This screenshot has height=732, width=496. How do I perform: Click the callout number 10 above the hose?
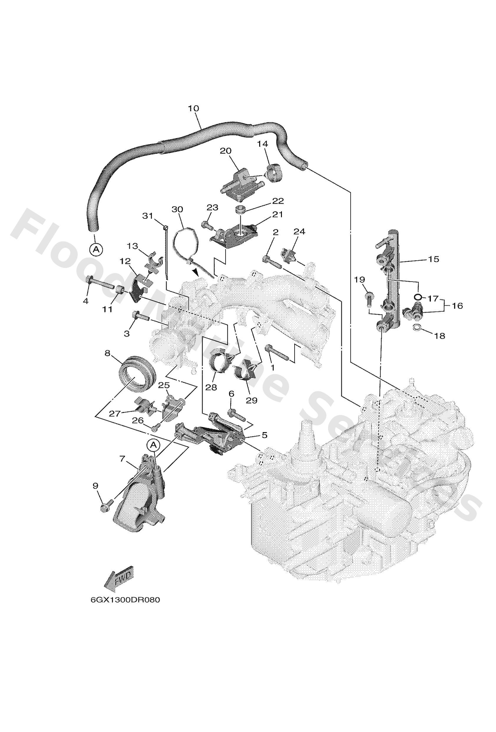[x=194, y=108]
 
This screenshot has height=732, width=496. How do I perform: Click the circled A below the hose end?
[x=96, y=250]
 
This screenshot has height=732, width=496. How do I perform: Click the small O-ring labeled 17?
[x=417, y=297]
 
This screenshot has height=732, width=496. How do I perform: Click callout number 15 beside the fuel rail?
[x=433, y=259]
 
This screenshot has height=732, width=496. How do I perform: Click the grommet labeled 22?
[x=241, y=209]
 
